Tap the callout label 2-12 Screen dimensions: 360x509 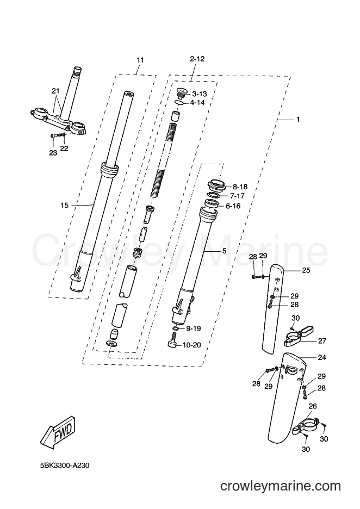pyautogui.click(x=197, y=59)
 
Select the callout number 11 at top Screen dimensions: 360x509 pyautogui.click(x=140, y=60)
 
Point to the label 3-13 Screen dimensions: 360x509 pyautogui.click(x=200, y=94)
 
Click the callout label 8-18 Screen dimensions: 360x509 pyautogui.click(x=240, y=187)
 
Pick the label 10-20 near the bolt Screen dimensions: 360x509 pyautogui.click(x=193, y=345)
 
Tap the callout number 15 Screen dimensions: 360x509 pyautogui.click(x=65, y=205)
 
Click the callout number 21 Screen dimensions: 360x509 pyautogui.click(x=56, y=91)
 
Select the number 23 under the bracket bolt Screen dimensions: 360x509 pyautogui.click(x=53, y=153)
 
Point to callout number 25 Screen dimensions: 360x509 pyautogui.click(x=306, y=270)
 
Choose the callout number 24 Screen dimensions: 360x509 pyautogui.click(x=322, y=357)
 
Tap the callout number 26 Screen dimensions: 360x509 pyautogui.click(x=313, y=406)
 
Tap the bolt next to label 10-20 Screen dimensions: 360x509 pyautogui.click(x=174, y=342)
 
